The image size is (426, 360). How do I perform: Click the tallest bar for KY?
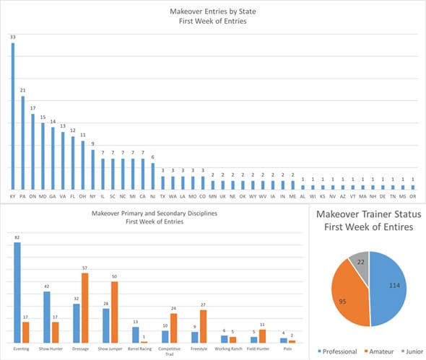pos(12,115)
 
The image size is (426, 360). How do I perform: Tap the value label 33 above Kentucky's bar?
pos(12,37)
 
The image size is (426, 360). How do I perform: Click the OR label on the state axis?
pos(412,196)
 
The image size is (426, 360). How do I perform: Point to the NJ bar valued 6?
pos(152,176)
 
